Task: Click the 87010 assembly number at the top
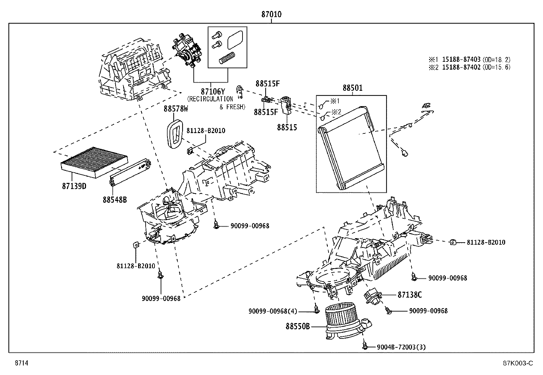click(271, 15)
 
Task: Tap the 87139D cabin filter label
click(74, 186)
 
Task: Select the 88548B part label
click(115, 200)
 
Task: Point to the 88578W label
click(176, 109)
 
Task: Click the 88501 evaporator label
click(352, 88)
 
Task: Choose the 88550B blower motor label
click(298, 327)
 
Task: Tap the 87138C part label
click(410, 295)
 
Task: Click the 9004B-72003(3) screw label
click(401, 347)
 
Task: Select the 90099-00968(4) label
click(273, 311)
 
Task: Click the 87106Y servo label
click(213, 91)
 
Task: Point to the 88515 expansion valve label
click(287, 127)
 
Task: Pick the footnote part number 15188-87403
click(461, 59)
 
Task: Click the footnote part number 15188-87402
click(461, 67)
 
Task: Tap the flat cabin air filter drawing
click(94, 162)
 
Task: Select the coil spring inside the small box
click(227, 58)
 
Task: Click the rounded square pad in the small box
click(235, 40)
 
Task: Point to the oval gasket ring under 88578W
click(175, 134)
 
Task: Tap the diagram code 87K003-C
click(518, 363)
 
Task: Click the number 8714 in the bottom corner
click(21, 363)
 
